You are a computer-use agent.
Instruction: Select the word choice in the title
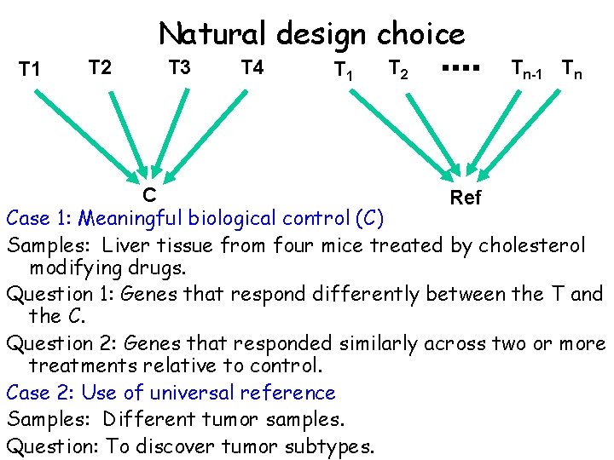click(x=421, y=34)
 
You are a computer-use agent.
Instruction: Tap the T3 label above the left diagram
click(x=179, y=66)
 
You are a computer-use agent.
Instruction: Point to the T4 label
click(x=252, y=66)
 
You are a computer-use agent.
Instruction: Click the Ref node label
click(x=466, y=198)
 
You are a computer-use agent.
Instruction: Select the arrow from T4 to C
click(x=210, y=133)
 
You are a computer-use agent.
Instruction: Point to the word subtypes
click(x=328, y=446)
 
